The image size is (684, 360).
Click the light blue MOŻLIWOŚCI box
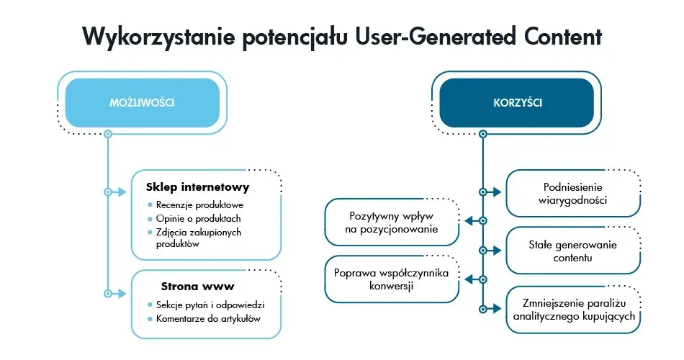coord(142,103)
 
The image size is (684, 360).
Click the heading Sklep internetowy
coord(197,187)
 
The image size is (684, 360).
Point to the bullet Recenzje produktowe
coord(199,205)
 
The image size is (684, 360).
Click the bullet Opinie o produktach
coord(198,218)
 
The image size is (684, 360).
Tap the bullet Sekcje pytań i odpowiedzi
coord(210,305)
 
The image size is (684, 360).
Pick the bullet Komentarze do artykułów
coord(208,318)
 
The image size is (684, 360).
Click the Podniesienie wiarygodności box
coord(573,193)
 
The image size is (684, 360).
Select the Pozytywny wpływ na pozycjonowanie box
coord(392,221)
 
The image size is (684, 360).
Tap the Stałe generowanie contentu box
coord(573,251)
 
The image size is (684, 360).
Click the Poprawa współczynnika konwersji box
coord(392,279)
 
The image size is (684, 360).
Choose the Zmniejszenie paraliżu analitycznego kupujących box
coord(573,309)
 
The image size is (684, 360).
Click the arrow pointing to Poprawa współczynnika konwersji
coord(470,279)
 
